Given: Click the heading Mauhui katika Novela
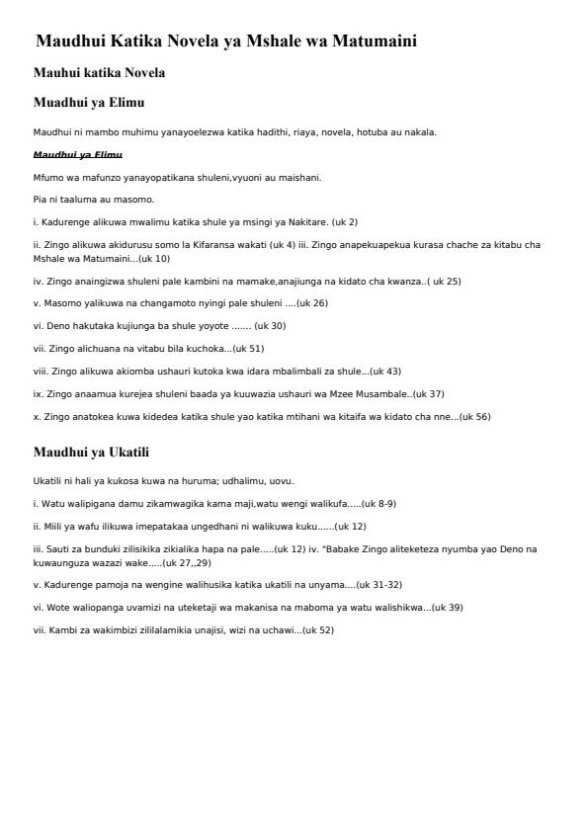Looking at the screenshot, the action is pos(99,73).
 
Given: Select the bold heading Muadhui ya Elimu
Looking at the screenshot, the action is pos(90,102).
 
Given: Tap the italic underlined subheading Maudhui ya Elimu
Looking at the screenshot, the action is pos(77,155).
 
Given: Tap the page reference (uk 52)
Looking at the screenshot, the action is pos(316,629).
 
